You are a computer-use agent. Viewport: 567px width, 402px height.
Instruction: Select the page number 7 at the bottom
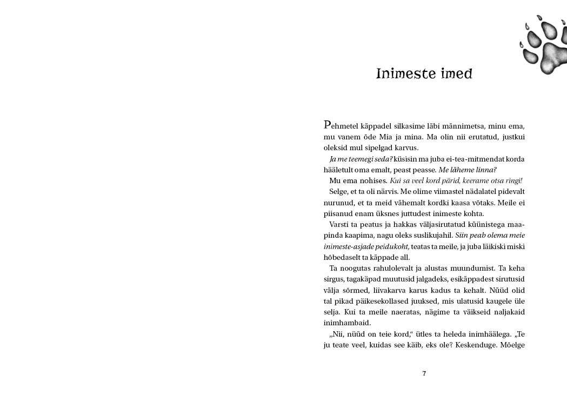424,373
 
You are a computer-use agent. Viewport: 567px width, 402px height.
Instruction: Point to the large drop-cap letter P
326,124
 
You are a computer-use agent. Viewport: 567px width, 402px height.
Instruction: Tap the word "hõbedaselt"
344,257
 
